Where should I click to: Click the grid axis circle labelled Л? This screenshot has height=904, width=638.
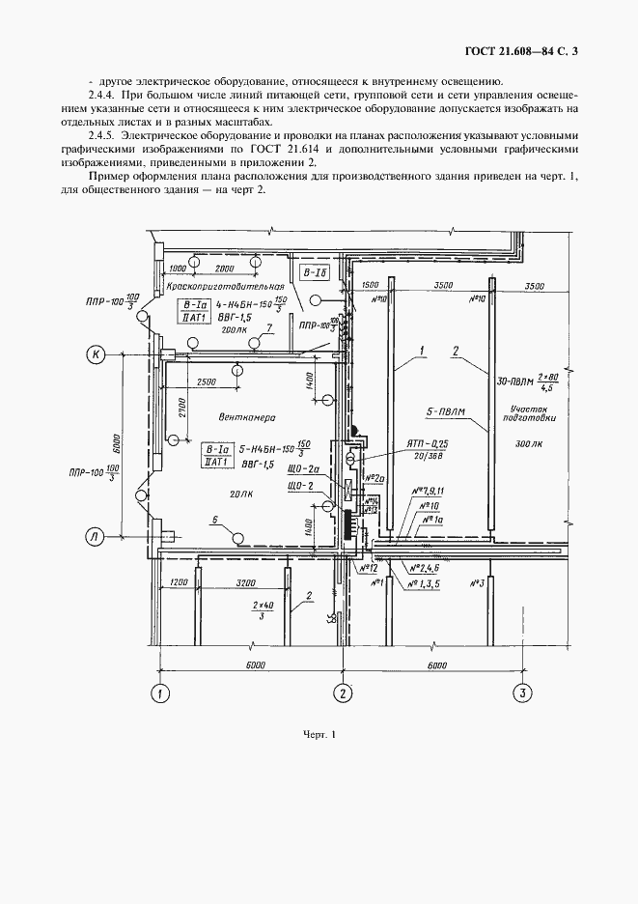[97, 538]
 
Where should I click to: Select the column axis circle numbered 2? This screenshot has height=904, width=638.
[341, 692]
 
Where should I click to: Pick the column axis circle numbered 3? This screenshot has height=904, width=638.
[521, 692]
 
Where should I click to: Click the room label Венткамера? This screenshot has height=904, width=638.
[247, 419]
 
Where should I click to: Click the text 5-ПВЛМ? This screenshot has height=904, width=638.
[446, 411]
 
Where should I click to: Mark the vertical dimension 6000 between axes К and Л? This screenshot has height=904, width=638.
[114, 445]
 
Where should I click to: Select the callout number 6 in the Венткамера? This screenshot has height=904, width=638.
[215, 520]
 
